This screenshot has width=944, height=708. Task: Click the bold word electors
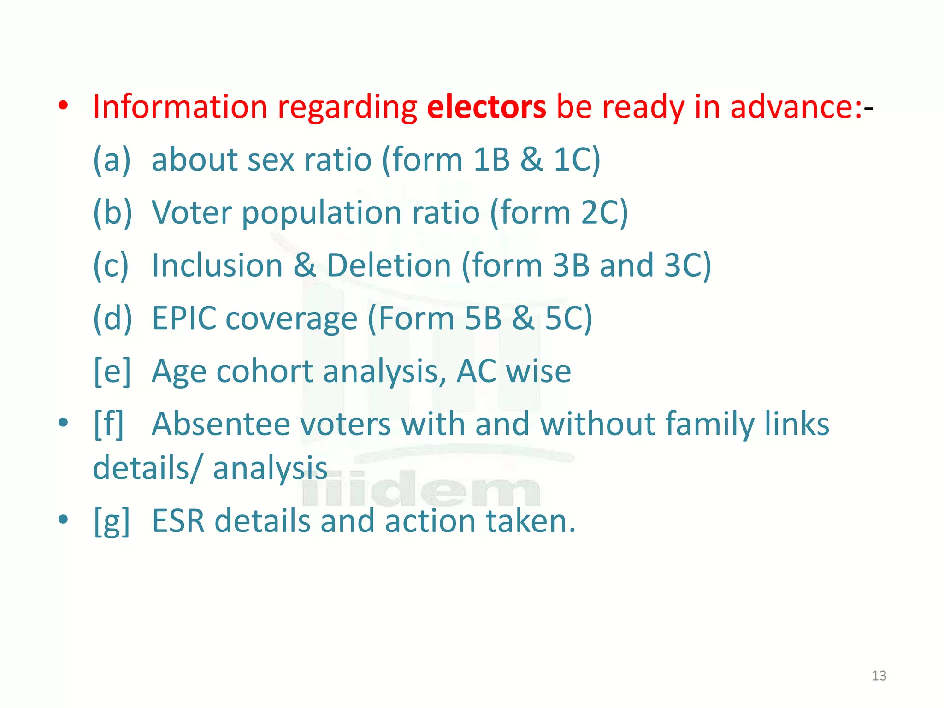pyautogui.click(x=486, y=107)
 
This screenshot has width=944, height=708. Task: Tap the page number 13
pyautogui.click(x=879, y=676)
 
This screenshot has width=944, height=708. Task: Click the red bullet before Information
pyautogui.click(x=64, y=106)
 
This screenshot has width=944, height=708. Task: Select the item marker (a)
pyautogui.click(x=112, y=159)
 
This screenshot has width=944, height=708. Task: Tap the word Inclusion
pyautogui.click(x=217, y=265)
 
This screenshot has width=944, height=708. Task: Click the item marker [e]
pyautogui.click(x=112, y=372)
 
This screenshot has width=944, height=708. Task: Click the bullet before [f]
pyautogui.click(x=64, y=422)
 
